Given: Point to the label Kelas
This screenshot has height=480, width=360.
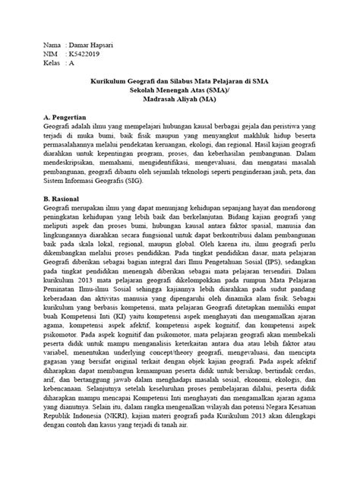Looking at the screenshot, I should pos(53,64).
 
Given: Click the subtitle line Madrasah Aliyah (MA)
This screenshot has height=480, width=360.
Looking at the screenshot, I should pos(179,99).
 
